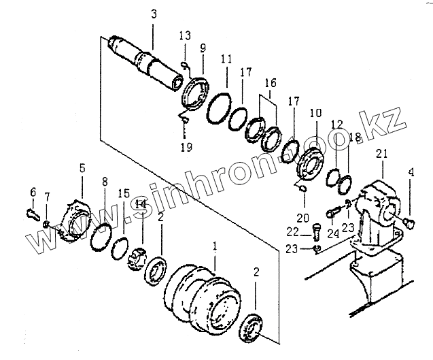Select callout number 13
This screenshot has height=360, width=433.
(x=186, y=35)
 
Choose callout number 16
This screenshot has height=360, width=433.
(x=270, y=83)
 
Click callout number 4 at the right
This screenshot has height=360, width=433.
(x=411, y=173)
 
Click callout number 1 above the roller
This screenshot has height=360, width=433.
(x=215, y=245)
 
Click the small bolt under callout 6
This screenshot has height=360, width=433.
(x=32, y=213)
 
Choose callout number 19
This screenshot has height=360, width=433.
(x=186, y=146)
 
